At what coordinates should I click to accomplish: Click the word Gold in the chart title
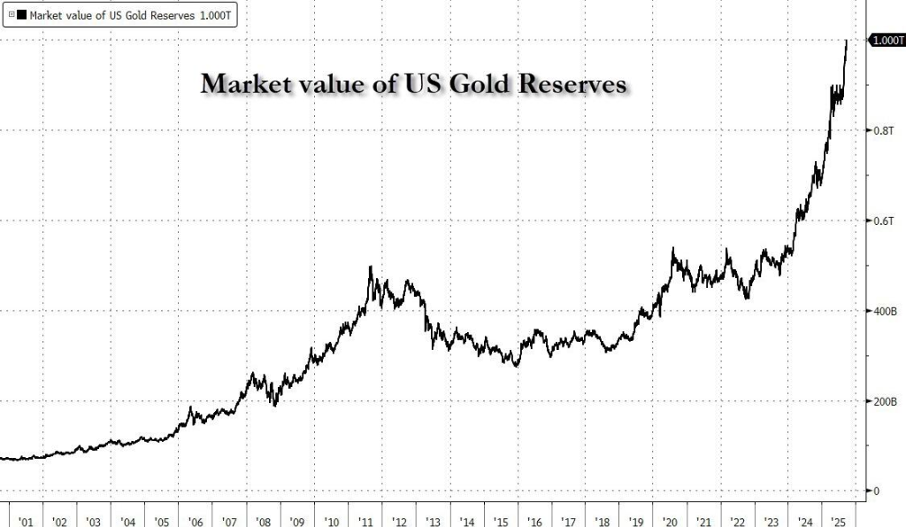458,84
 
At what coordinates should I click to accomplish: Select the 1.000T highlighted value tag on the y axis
887,41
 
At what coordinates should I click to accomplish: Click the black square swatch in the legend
22,16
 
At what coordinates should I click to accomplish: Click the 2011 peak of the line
370,267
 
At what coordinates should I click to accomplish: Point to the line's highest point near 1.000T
847,41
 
